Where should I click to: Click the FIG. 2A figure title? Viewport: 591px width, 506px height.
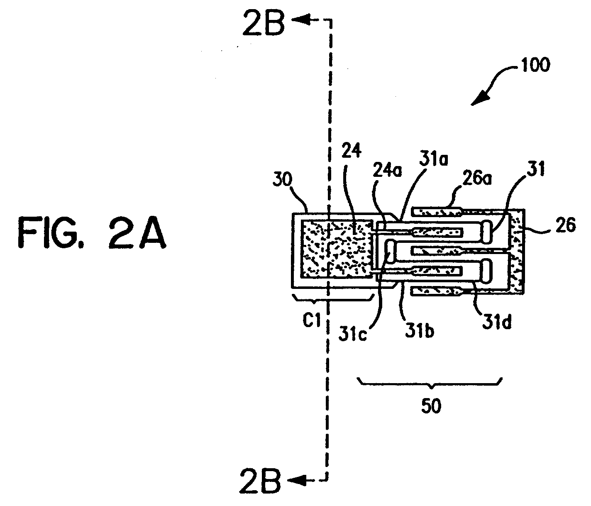coord(92,232)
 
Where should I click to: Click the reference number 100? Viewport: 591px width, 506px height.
coord(535,65)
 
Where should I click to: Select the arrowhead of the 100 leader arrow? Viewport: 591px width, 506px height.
coord(480,99)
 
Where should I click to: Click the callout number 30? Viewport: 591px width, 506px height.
coord(282,180)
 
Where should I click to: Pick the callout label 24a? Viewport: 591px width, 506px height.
coord(387,171)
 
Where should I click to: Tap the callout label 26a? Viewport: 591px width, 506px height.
coord(476,177)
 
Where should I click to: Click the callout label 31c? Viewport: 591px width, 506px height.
coord(352,333)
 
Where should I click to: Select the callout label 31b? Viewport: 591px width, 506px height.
coord(420,330)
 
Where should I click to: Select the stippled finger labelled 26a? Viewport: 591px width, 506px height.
coord(436,212)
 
